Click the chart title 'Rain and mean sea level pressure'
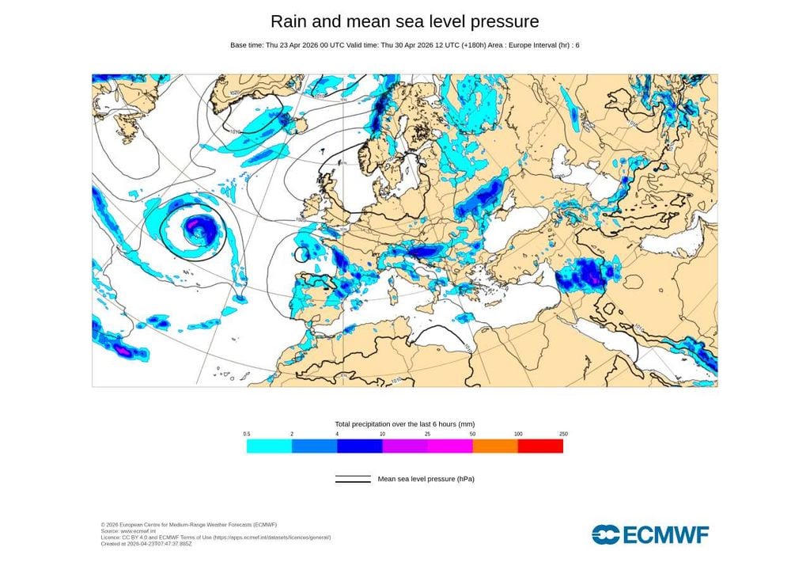click(404, 21)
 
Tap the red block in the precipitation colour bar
click(540, 446)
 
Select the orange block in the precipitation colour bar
click(495, 446)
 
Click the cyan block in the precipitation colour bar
click(269, 446)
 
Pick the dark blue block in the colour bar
click(359, 446)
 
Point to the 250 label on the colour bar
click(563, 434)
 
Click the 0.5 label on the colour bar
click(247, 434)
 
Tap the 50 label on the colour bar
click(473, 434)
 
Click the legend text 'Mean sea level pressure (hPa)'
click(426, 479)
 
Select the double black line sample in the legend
click(353, 479)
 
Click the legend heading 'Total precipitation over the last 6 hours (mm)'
click(404, 424)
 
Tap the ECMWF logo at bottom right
click(650, 534)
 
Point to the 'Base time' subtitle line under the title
click(404, 45)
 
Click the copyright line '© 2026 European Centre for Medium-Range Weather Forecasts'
click(188, 524)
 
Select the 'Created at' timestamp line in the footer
click(146, 543)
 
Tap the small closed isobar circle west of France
click(301, 254)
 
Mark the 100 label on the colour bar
click(518, 434)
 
